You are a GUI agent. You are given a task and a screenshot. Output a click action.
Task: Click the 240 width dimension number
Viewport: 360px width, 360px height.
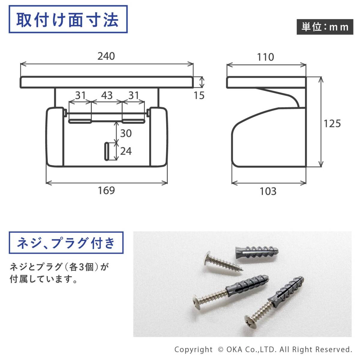click(106, 56)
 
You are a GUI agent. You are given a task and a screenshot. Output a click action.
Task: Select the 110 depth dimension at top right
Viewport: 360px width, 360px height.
click(265, 57)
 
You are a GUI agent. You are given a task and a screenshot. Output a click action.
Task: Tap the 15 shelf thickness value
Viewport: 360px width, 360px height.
click(199, 95)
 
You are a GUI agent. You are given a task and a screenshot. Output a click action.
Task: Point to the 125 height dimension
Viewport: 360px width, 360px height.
click(332, 124)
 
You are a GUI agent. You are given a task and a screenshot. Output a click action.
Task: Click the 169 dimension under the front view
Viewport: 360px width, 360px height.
click(106, 190)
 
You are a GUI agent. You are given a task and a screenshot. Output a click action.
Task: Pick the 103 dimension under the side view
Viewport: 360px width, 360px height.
click(268, 191)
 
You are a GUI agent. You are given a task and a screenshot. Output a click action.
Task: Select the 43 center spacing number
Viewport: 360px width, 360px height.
click(106, 95)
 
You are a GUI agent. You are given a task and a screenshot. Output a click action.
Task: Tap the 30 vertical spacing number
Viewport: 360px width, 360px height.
click(126, 133)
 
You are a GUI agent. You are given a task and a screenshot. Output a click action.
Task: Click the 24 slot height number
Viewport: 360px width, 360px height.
click(126, 151)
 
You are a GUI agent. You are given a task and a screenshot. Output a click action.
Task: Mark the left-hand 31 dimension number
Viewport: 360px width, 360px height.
click(80, 95)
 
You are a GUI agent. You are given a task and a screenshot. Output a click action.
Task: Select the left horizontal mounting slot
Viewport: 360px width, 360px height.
click(80, 121)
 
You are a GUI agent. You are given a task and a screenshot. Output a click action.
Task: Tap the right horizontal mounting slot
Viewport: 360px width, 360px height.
click(133, 121)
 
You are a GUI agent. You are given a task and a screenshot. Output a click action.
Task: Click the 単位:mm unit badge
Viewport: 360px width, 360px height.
click(325, 27)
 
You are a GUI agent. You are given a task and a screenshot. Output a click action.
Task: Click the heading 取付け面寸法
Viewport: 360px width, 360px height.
click(67, 20)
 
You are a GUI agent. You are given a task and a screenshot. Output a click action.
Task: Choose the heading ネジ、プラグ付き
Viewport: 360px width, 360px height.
click(66, 243)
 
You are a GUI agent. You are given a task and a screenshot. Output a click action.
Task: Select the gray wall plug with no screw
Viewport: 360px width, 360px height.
click(257, 251)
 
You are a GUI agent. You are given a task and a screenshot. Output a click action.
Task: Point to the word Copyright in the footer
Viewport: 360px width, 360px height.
click(193, 349)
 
